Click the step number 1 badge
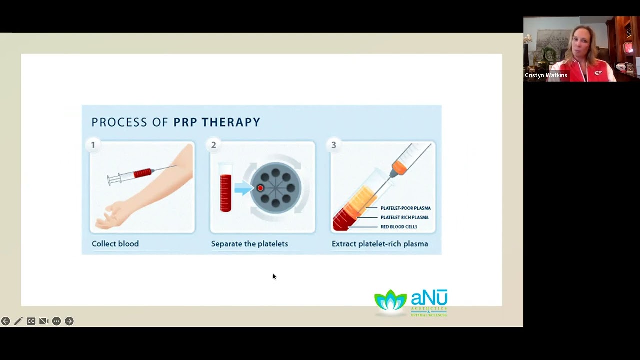[x=93, y=145]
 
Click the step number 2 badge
[x=213, y=145]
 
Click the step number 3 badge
[x=334, y=145]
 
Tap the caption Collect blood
[x=115, y=244]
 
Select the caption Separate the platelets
[x=249, y=244]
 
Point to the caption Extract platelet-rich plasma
[x=380, y=244]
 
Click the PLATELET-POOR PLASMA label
[x=405, y=208]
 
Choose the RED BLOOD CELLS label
[x=399, y=227]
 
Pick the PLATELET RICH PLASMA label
[x=404, y=217]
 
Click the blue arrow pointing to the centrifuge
[x=243, y=188]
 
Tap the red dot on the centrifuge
[x=260, y=188]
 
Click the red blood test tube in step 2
[x=226, y=190]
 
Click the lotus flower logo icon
[x=390, y=302]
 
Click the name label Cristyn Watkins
[x=546, y=75]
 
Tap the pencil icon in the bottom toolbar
[x=18, y=321]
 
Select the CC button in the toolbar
[x=31, y=321]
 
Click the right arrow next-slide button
[x=69, y=321]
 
